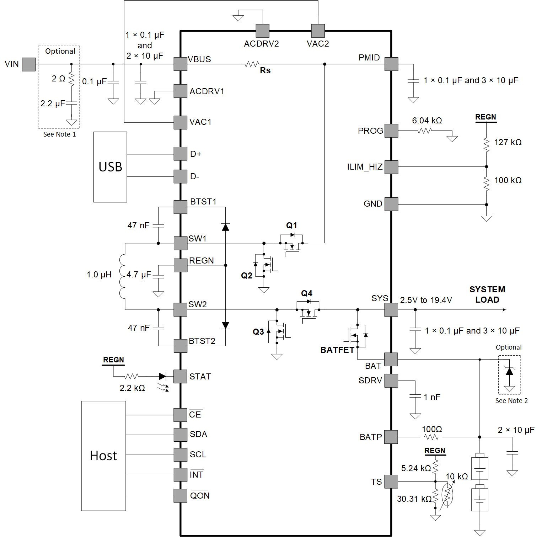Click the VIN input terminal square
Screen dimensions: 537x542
(28, 64)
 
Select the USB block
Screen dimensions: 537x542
(110, 167)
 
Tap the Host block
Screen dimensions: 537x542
(103, 456)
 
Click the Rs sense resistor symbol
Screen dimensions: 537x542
(252, 64)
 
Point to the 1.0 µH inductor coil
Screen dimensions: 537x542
(122, 276)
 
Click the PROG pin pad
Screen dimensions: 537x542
(391, 131)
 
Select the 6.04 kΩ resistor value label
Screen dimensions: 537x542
(427, 121)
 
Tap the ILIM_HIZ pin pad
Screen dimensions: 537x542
(391, 167)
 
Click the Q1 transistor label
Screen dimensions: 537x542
(291, 225)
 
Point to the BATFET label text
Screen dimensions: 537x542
(337, 350)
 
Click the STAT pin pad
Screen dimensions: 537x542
(181, 376)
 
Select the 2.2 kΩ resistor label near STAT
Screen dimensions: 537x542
(132, 388)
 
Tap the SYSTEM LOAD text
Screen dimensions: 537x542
(487, 294)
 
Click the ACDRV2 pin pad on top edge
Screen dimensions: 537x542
(262, 31)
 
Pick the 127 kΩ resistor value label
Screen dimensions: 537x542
(508, 142)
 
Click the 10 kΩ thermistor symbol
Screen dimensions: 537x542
(447, 494)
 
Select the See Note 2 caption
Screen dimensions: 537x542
(511, 401)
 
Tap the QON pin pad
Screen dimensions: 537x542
(181, 496)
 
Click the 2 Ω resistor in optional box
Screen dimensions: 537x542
(71, 79)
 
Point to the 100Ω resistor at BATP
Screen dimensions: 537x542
(431, 437)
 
